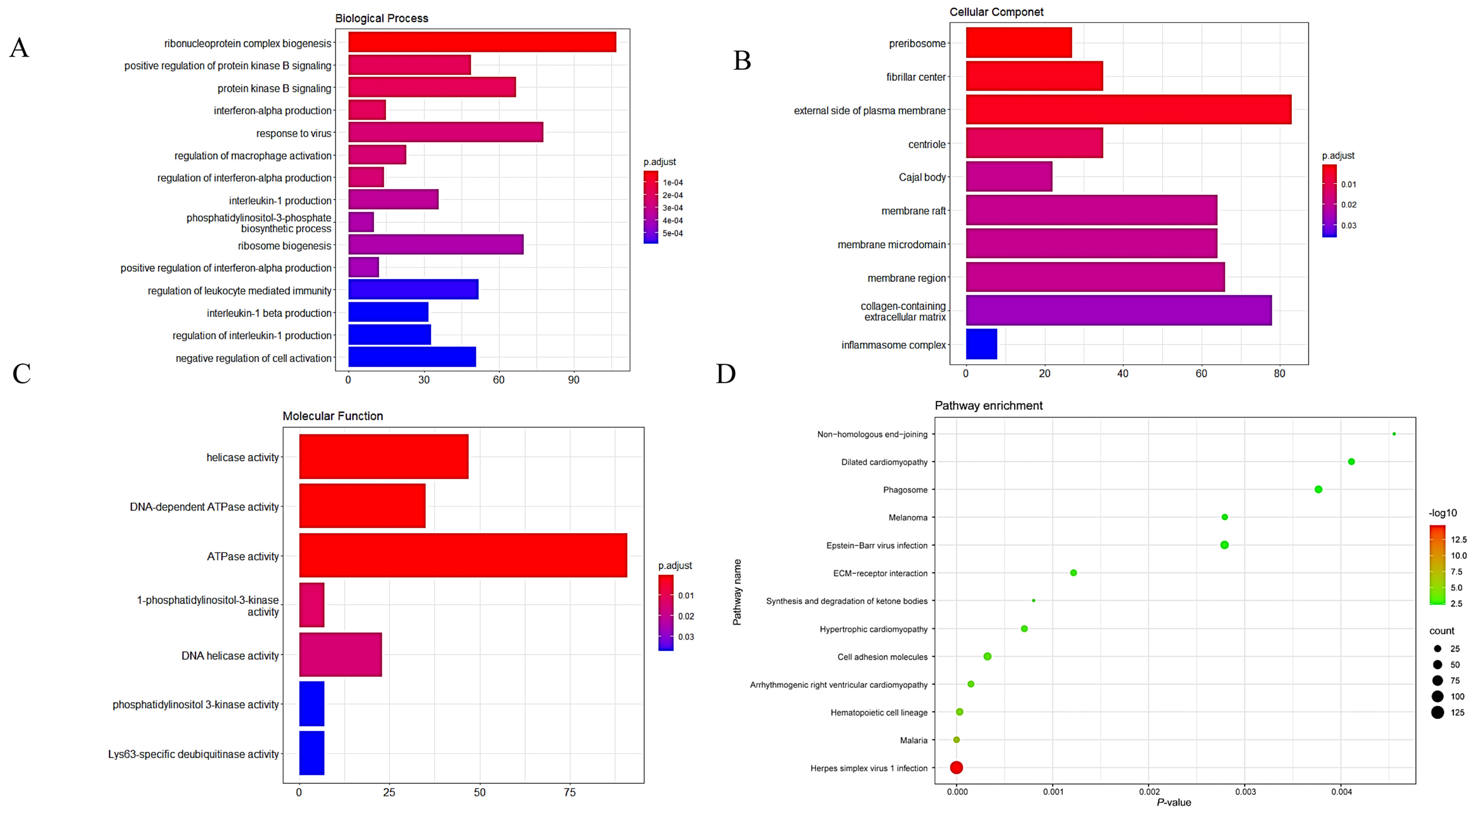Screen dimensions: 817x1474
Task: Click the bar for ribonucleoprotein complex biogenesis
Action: [x=482, y=42]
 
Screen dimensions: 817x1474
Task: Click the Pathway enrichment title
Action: [x=988, y=406]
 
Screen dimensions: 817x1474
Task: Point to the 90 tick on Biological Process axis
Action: [x=573, y=380]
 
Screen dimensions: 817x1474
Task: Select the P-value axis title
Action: [x=1174, y=803]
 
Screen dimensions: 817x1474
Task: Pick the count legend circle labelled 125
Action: [x=1437, y=712]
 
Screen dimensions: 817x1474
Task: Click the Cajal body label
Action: [x=922, y=177]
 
